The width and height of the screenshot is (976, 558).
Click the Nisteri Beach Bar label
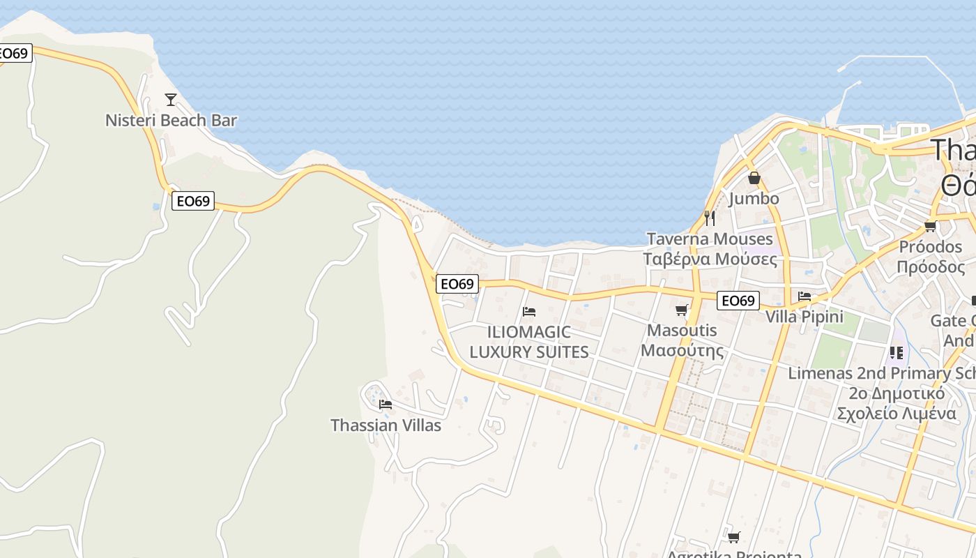[x=171, y=121]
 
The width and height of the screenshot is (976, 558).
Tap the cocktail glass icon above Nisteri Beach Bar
[x=171, y=99]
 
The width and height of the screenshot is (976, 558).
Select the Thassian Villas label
[x=386, y=425]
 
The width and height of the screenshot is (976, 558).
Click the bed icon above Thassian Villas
[x=385, y=404]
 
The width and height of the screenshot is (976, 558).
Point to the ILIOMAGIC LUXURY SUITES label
[x=529, y=342]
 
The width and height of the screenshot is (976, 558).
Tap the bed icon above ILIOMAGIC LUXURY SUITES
[x=529, y=311]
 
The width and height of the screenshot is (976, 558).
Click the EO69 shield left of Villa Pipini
[x=738, y=301]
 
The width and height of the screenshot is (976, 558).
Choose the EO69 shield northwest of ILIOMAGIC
[x=457, y=284]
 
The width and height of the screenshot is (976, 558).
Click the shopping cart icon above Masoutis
[x=682, y=310]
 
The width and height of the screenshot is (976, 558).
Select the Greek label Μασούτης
[x=682, y=350]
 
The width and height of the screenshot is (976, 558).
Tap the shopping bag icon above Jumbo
[x=754, y=178]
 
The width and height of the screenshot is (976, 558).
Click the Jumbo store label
[x=754, y=199]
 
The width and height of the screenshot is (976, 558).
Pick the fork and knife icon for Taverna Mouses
[x=709, y=218]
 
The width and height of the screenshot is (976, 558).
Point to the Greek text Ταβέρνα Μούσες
[x=710, y=259]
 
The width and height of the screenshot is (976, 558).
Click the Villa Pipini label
[x=805, y=317]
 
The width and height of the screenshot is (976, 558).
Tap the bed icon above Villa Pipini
[x=805, y=296]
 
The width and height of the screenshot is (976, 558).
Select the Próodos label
[x=930, y=247]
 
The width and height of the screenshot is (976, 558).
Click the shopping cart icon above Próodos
[x=930, y=226]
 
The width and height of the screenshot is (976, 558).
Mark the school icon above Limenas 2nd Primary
[x=896, y=353]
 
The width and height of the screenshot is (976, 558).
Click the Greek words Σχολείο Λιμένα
[x=896, y=413]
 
